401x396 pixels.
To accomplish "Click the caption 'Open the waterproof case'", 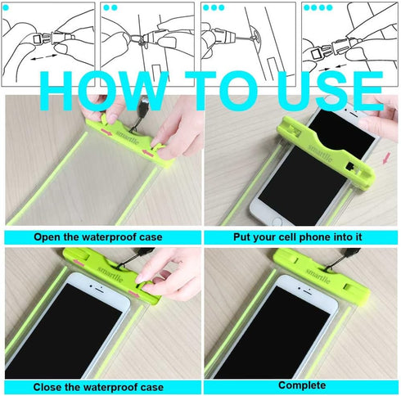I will [x=98, y=237].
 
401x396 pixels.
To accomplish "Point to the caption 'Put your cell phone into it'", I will [x=301, y=237].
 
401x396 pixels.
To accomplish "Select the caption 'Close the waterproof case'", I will [x=98, y=387].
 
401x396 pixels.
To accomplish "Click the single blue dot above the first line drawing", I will [x=8, y=7].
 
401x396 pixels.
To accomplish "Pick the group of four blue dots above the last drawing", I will [x=317, y=7].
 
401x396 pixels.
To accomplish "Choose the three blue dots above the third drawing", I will [x=214, y=7].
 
